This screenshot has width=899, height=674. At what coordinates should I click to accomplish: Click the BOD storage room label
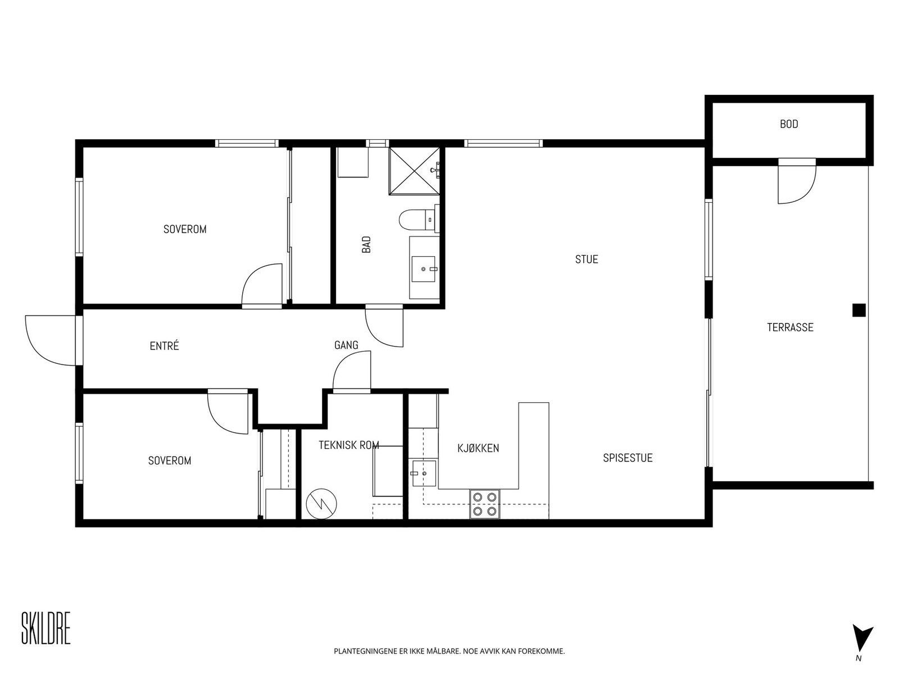[788, 124]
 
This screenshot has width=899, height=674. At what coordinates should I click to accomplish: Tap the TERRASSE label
[789, 327]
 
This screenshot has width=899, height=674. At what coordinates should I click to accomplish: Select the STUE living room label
[586, 259]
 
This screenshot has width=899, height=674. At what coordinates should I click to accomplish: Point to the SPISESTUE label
[628, 458]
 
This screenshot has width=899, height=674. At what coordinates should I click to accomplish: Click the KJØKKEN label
[478, 449]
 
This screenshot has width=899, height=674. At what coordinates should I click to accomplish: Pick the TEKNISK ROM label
[348, 445]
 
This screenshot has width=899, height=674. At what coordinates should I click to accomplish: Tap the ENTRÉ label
[164, 346]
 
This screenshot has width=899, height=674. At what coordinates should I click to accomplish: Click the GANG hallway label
[346, 345]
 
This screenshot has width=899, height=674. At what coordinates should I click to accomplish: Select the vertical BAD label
[366, 244]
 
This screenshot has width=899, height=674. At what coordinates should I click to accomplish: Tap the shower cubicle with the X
[414, 171]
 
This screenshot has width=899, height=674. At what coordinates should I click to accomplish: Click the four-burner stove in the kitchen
[484, 504]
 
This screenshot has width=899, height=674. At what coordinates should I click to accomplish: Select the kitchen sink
[423, 473]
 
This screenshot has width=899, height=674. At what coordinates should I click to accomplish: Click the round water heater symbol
[321, 504]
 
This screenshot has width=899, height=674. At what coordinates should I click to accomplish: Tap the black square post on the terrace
[859, 310]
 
